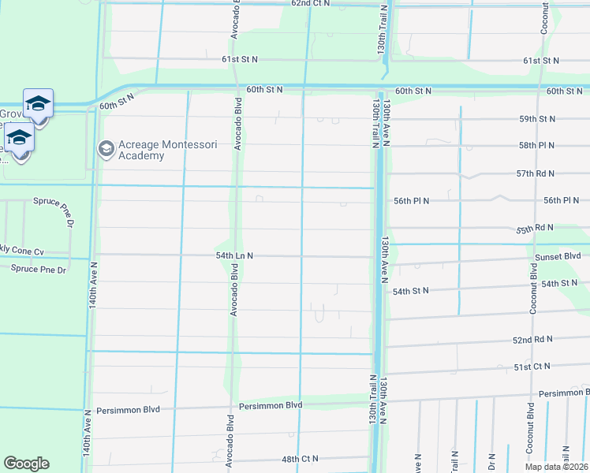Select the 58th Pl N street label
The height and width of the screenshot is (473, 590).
[x=536, y=146]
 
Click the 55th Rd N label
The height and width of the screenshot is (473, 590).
[x=536, y=229]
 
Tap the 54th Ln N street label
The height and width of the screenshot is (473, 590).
[x=233, y=256]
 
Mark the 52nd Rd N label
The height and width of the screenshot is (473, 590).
[x=533, y=341]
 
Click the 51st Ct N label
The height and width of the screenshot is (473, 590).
[x=532, y=367]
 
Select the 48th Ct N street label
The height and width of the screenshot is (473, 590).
[x=299, y=459]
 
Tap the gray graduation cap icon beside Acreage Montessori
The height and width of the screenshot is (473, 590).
[x=105, y=149]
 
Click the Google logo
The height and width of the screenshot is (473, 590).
[x=26, y=464]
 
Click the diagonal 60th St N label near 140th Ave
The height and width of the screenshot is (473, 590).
[x=118, y=101]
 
